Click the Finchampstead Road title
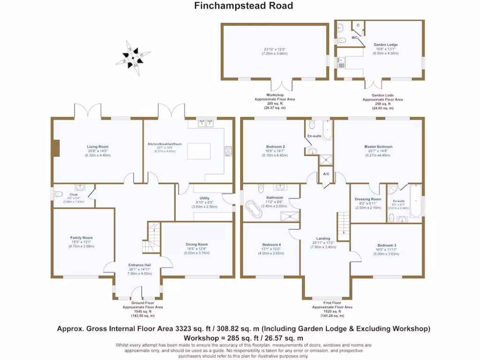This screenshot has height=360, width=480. tap(244, 6)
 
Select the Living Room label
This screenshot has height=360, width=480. tap(98, 147)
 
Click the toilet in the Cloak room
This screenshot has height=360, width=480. tap(59, 194)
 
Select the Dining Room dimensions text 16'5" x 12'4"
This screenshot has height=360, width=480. tap(196, 249)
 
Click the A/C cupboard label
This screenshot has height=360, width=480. tap(326, 174)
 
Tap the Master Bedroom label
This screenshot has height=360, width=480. tap(378, 147)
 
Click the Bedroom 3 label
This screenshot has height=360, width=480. tap(387, 245)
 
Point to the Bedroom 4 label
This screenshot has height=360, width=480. tap(271, 245)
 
